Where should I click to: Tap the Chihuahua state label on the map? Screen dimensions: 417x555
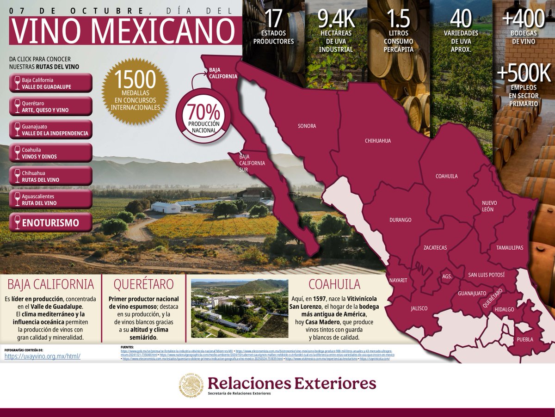click(x=378, y=141)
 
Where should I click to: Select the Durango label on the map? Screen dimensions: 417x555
click(x=401, y=220)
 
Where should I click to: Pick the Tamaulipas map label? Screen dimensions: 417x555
click(x=510, y=248)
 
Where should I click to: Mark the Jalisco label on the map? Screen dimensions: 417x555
click(x=419, y=308)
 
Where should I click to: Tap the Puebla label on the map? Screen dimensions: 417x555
click(x=525, y=340)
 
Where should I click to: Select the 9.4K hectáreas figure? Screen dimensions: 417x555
click(x=337, y=18)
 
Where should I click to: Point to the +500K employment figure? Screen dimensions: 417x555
click(x=524, y=74)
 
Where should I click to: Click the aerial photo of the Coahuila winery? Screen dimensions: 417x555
click(x=240, y=308)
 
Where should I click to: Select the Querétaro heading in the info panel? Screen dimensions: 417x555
click(x=143, y=283)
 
